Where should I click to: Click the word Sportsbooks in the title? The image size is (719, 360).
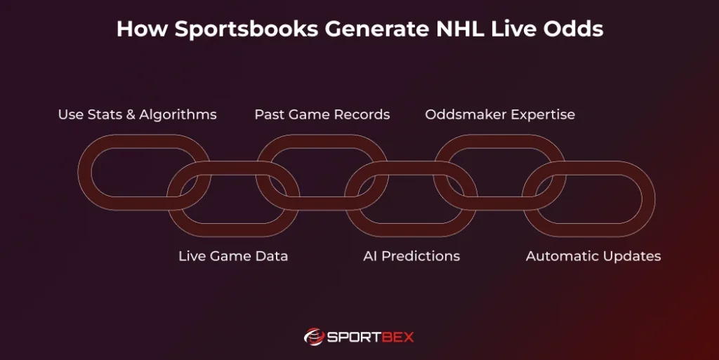(x=246, y=29)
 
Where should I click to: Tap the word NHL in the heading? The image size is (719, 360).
(x=461, y=28)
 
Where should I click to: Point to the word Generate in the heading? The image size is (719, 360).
(x=377, y=28)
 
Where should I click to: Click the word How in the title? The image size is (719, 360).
(x=143, y=28)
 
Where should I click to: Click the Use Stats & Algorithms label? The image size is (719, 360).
(x=138, y=114)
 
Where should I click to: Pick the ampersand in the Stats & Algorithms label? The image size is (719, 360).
(x=131, y=114)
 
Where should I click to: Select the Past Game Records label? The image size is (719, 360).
(x=322, y=114)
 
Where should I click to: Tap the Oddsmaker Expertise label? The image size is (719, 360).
(x=500, y=114)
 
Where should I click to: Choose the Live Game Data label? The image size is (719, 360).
(x=233, y=256)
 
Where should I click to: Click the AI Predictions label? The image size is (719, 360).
(x=411, y=256)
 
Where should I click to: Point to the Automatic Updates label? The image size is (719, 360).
(x=593, y=256)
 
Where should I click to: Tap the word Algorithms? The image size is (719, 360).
(x=178, y=114)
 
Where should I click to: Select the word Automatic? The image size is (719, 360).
(x=560, y=256)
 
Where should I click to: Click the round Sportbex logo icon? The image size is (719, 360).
(x=314, y=337)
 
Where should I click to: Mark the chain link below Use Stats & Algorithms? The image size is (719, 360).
(x=85, y=172)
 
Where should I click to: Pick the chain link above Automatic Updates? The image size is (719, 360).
(x=648, y=199)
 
